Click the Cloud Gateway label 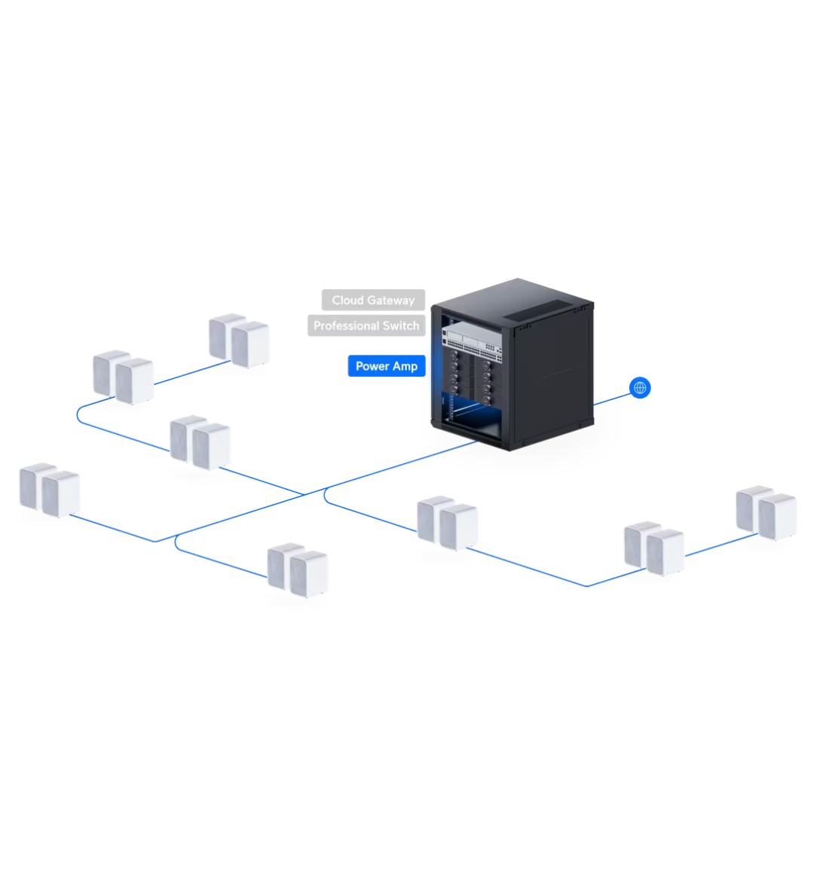coord(373,300)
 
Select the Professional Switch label coord(366,325)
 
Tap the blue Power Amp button coord(387,366)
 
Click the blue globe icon coord(640,388)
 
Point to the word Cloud coord(347,300)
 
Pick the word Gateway coord(390,301)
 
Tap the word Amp coord(405,366)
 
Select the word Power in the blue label coord(372,366)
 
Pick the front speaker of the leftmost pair coord(61,495)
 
